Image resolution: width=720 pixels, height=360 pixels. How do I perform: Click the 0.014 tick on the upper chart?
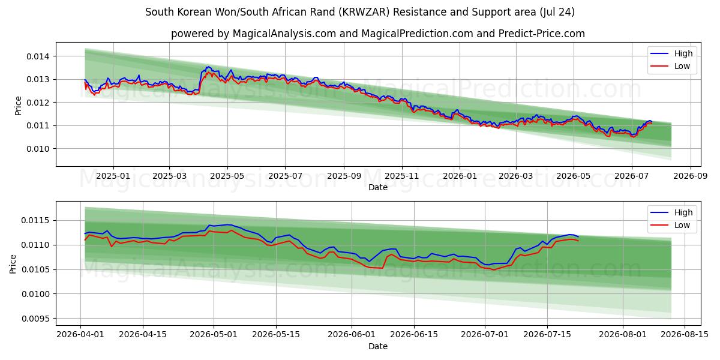[x=38, y=56]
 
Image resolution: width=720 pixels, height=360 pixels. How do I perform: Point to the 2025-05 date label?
[x=227, y=176]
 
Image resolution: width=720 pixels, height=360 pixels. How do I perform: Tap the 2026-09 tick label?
[x=691, y=176]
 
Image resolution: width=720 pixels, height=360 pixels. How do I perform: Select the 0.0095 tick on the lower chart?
[x=35, y=319]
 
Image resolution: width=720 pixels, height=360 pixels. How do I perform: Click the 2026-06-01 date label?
[x=352, y=334]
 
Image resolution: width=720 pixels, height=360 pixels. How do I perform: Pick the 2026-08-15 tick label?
[x=685, y=334]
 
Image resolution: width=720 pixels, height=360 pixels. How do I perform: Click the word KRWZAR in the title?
[x=365, y=12]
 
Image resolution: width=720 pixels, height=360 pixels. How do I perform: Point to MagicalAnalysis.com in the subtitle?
[x=284, y=34]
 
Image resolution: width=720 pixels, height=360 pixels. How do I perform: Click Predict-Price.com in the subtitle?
[x=542, y=34]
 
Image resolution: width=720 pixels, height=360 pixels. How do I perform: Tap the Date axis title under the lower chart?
[x=378, y=347]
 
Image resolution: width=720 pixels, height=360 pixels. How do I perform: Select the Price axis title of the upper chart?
[x=18, y=106]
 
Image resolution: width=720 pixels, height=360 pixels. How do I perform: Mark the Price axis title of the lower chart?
[x=13, y=264]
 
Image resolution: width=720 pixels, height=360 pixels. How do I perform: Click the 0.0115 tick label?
[x=35, y=221]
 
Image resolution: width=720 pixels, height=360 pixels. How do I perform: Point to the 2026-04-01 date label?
[x=80, y=334]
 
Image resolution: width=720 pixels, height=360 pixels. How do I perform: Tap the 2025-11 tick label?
[x=402, y=176]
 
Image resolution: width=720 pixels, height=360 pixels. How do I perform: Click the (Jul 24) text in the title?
[x=557, y=12]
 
